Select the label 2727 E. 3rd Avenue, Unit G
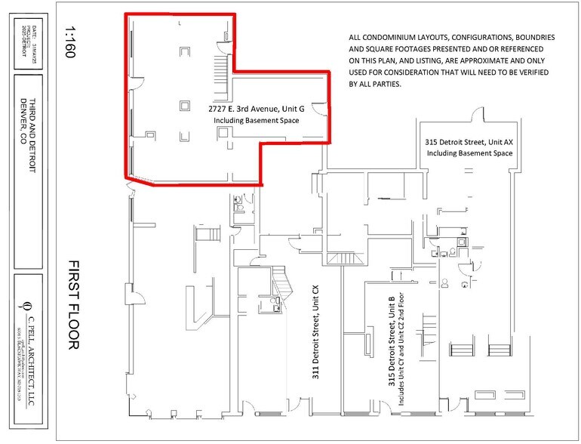(257, 109)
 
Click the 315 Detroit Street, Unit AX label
(469, 141)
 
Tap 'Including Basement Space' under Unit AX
(469, 153)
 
